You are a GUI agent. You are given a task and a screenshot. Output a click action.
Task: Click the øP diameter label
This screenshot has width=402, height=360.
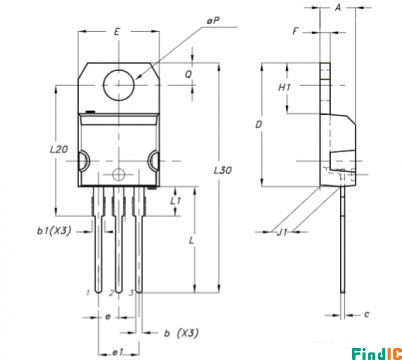(x=213, y=21)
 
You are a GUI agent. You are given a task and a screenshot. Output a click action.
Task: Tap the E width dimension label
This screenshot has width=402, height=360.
(x=117, y=32)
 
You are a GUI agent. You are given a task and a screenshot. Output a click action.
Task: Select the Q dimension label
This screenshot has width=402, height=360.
(x=189, y=74)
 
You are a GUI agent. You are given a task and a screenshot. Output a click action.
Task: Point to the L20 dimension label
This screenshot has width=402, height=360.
(x=59, y=149)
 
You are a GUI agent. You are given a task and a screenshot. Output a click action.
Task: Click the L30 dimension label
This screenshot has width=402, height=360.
(x=223, y=170)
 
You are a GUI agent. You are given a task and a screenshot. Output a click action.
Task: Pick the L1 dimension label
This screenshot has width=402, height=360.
(x=175, y=201)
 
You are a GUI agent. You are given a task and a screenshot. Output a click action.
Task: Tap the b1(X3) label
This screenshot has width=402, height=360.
(x=54, y=231)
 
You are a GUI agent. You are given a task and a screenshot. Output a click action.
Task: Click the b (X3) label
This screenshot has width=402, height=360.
(x=181, y=333)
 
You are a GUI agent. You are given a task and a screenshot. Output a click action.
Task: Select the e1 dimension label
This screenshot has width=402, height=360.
(x=118, y=352)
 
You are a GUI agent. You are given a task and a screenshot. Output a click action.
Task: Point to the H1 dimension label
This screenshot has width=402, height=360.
(x=284, y=87)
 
